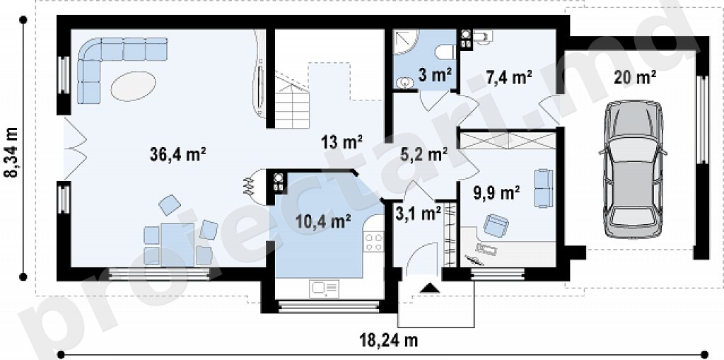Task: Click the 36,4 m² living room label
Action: pos(177,154)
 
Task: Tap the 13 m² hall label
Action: pos(341,142)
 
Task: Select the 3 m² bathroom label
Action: pos(435,74)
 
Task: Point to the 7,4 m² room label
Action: pos(508,77)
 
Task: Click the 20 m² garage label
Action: pos(635,77)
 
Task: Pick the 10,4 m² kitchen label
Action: pos(323,222)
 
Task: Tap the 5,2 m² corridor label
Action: pos(425,154)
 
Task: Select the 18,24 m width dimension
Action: pos(388,341)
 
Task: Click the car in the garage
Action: pos(633,169)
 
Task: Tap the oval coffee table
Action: pos(133,86)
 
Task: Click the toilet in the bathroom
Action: pos(445,52)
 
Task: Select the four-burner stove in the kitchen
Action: pos(374,242)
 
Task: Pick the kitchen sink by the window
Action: pos(325,289)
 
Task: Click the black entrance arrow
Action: pos(431,288)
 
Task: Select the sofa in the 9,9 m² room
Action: pos(544,188)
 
